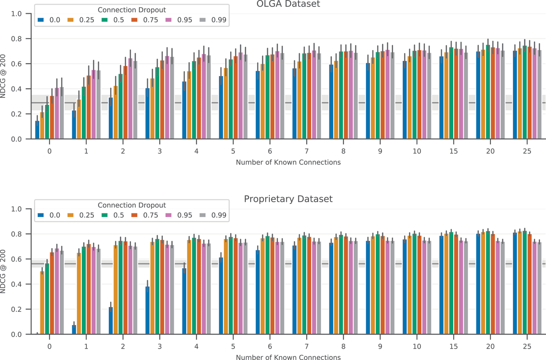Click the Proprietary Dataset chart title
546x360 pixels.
288,199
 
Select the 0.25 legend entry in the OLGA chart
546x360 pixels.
82,20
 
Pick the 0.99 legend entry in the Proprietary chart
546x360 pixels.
218,215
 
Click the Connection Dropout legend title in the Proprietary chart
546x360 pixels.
132,205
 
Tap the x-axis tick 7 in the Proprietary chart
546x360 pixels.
306,346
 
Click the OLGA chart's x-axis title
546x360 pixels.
288,162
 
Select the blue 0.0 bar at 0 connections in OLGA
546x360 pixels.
37,130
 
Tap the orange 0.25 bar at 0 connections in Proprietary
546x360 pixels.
42,303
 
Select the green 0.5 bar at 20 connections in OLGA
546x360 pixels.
488,92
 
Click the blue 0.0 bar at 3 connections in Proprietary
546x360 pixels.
147,310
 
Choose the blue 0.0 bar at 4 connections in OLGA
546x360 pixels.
184,110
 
